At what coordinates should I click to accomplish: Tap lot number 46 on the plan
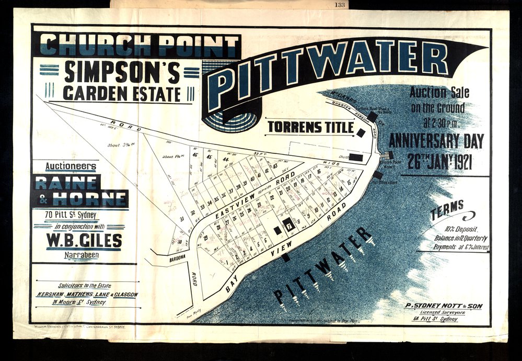tap(195, 154)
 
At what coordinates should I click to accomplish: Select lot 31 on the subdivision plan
tap(182, 219)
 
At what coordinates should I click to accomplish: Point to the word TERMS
tap(447, 208)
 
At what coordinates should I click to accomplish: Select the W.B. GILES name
tap(84, 241)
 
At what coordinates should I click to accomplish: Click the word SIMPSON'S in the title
tap(122, 73)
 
